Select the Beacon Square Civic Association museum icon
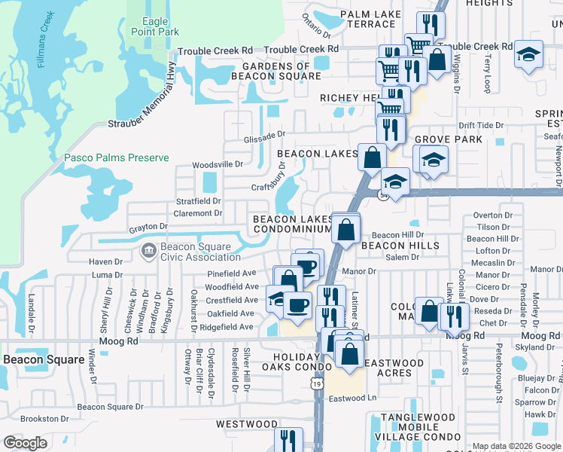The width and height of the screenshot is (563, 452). coord(148,249)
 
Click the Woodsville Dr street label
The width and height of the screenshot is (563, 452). coord(218,163)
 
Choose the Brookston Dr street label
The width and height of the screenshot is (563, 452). coord(44,418)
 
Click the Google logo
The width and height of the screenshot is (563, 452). coord(25,443)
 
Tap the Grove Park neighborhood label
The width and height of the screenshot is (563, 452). coord(448,140)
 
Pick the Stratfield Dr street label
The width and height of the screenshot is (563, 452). coord(199,201)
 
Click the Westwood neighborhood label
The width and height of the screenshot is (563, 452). coord(247,424)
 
